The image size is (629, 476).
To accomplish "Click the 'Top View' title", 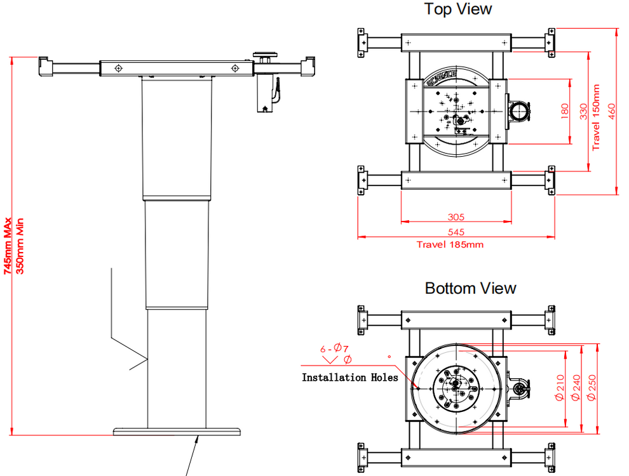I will [x=457, y=9].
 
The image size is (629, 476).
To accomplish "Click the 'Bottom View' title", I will [x=470, y=288].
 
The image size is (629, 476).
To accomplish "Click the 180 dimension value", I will [x=565, y=112].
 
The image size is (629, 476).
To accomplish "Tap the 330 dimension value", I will [x=583, y=112].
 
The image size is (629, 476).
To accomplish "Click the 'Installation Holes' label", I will [x=349, y=378].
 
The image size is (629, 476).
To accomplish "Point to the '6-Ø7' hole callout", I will [x=334, y=347].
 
